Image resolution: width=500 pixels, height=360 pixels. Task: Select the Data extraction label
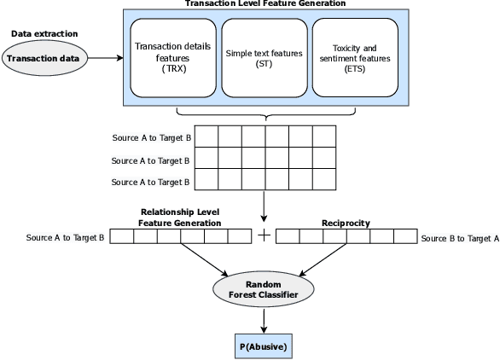pyautogui.click(x=44, y=33)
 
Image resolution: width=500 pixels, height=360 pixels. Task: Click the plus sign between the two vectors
pyautogui.click(x=265, y=236)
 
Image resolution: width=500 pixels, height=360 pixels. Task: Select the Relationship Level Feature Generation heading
pyautogui.click(x=180, y=217)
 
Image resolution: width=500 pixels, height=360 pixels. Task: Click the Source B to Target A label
pyautogui.click(x=459, y=237)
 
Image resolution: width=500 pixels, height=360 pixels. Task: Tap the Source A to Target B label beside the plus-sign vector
pyautogui.click(x=66, y=237)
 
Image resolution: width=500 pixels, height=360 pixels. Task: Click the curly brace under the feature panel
pyautogui.click(x=264, y=114)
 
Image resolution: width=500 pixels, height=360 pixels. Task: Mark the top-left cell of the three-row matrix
pyautogui.click(x=207, y=136)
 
